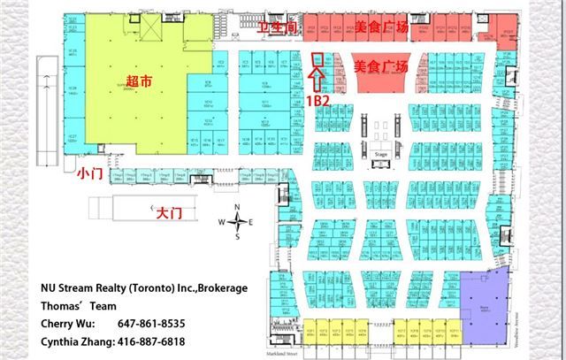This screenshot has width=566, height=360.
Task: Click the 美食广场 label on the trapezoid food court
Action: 381,66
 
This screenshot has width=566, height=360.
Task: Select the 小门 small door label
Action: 89,173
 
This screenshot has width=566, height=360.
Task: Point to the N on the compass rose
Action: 237,208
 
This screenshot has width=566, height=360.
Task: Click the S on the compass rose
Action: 237,237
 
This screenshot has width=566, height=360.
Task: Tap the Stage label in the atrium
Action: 381,152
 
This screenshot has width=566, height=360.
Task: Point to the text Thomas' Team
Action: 79,306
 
